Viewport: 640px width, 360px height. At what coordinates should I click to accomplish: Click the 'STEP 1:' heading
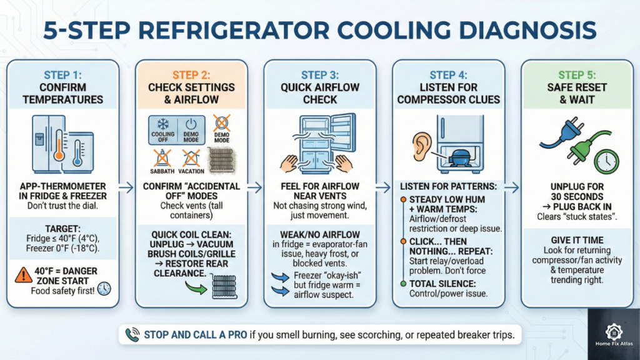click(65, 76)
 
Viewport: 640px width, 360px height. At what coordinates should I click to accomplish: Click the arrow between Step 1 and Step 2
click(126, 186)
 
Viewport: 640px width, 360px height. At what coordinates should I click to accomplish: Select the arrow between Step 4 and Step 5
click(511, 186)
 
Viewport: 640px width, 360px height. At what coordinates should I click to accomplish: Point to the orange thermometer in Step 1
click(57, 147)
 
